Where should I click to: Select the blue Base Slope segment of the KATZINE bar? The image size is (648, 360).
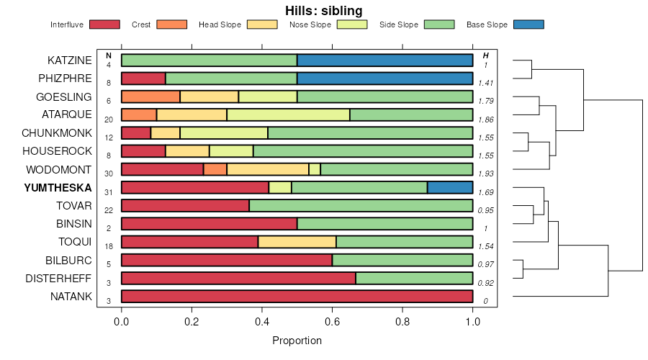[x=384, y=60]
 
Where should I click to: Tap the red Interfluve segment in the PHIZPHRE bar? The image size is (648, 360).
[x=143, y=78]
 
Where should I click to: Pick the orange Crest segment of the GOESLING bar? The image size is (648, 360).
[x=150, y=96]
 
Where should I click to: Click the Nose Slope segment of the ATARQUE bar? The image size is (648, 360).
[x=288, y=114]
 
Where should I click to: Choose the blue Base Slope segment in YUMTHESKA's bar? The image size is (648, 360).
[x=450, y=187]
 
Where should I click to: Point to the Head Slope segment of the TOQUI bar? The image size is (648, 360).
[x=297, y=242]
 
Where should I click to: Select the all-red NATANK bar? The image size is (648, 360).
[x=297, y=296]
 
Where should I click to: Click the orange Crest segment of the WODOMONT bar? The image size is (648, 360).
[x=215, y=169]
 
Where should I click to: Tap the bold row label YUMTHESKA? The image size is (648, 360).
[x=58, y=187]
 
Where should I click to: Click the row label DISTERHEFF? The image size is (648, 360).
[x=58, y=278]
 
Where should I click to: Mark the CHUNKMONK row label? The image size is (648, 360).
[x=57, y=133]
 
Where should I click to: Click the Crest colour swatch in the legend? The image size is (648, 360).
[x=171, y=24]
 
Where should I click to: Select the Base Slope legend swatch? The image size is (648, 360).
[x=528, y=24]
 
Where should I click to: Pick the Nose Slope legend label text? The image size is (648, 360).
[x=310, y=24]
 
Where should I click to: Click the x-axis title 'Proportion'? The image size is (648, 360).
[x=297, y=341]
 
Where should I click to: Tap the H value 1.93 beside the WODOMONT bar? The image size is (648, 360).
[x=486, y=174]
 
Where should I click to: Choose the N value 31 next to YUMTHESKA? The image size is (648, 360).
[x=109, y=192]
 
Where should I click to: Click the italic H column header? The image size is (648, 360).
[x=486, y=55]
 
